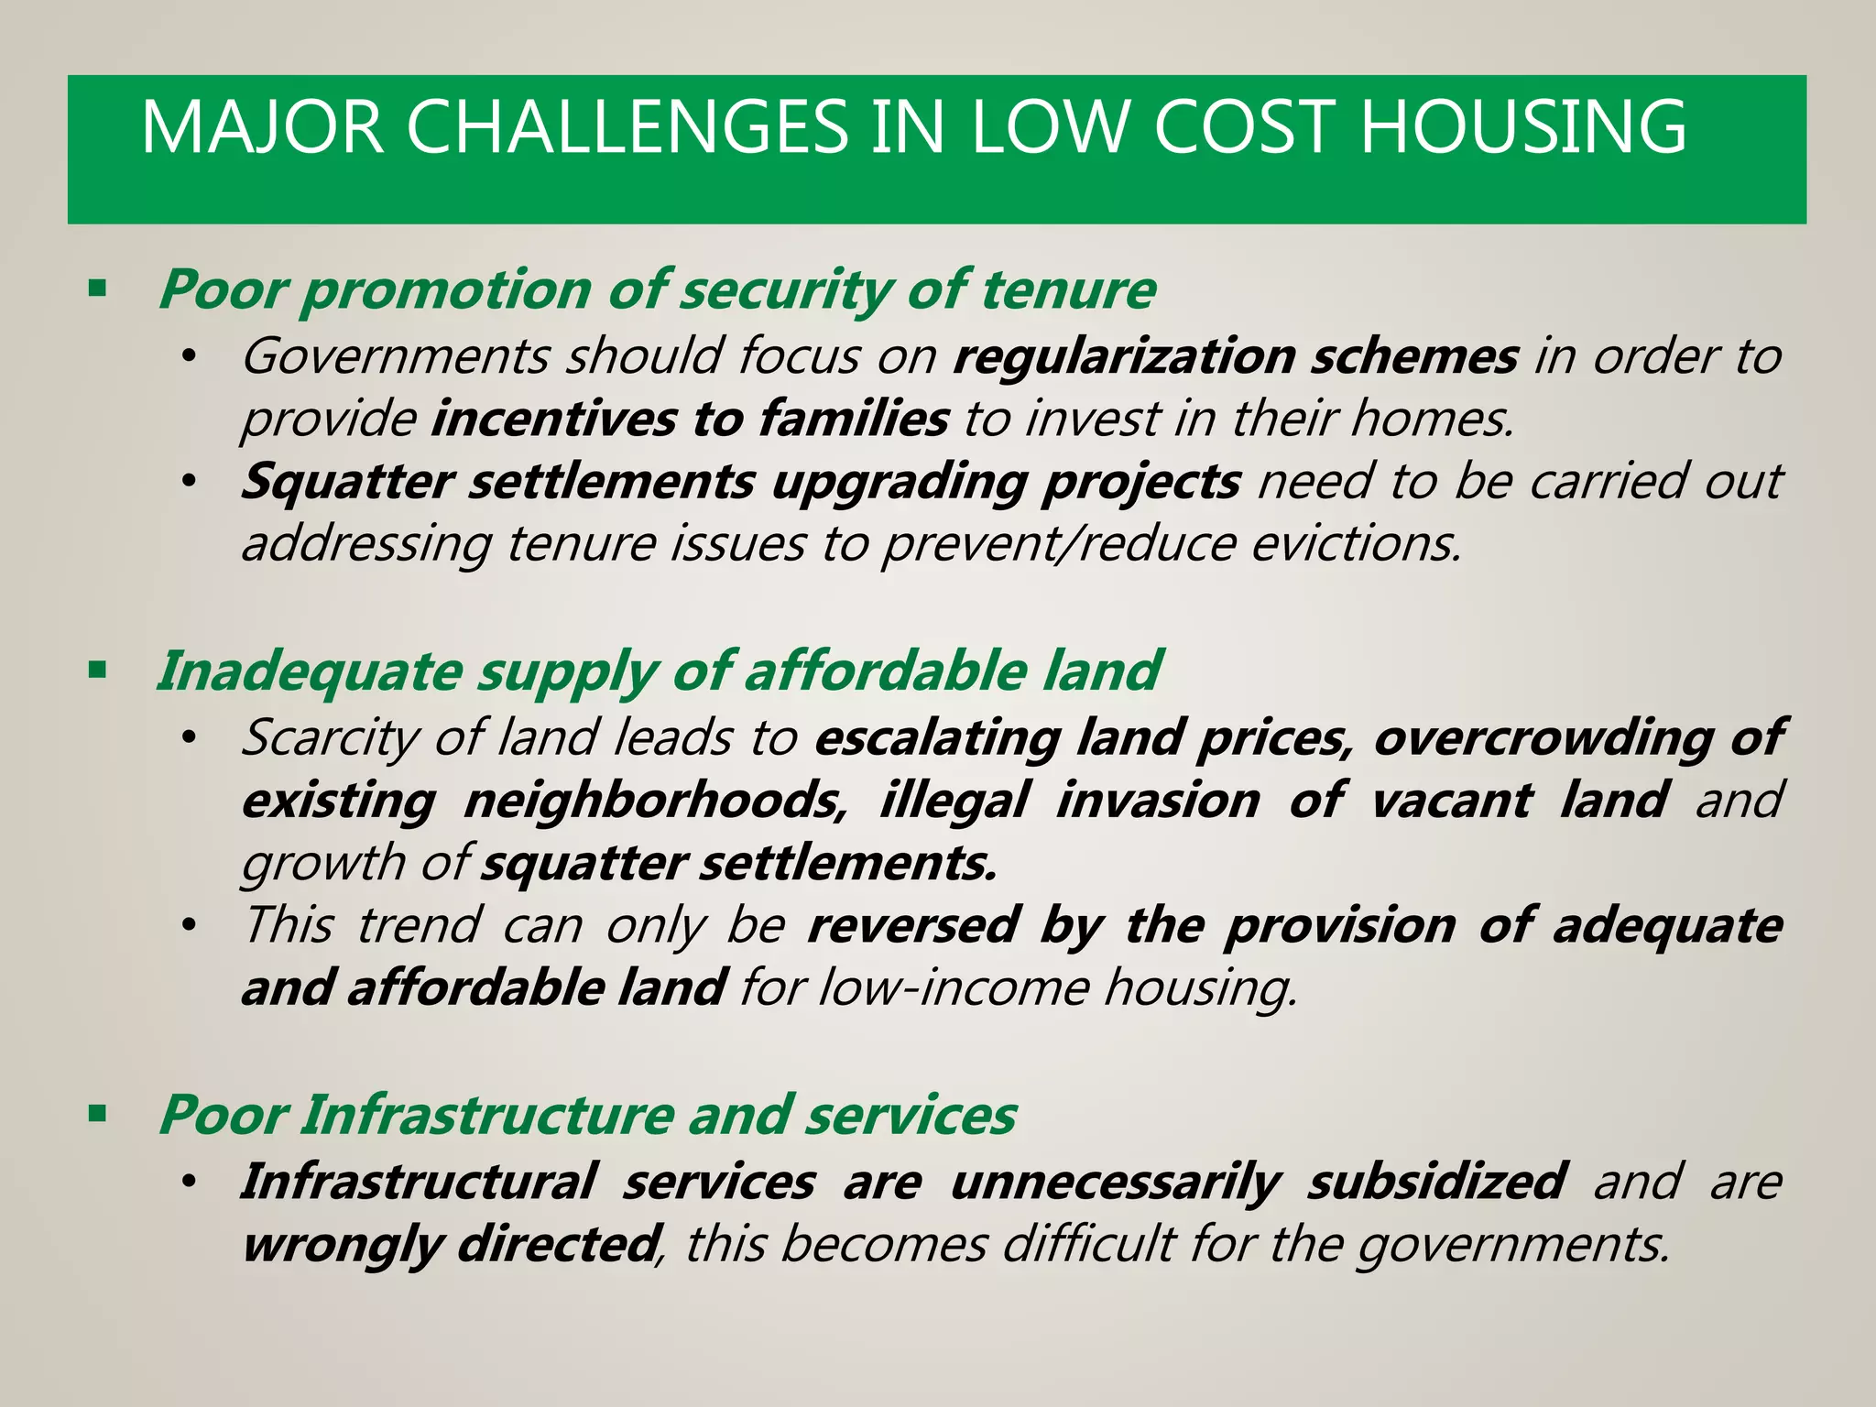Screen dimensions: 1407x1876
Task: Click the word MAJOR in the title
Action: (262, 127)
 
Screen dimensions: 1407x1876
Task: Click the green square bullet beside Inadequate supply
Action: (97, 671)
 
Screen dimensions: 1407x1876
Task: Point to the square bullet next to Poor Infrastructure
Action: (97, 1115)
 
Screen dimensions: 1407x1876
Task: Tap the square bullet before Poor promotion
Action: (97, 289)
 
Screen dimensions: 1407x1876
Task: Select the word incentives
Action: (553, 419)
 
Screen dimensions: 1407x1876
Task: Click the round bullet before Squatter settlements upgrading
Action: (189, 482)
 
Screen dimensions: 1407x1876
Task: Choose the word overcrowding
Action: (1543, 738)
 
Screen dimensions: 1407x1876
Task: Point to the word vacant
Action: (1451, 801)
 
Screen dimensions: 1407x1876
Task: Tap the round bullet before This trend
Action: (189, 926)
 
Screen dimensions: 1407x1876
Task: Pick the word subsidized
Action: (1436, 1182)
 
